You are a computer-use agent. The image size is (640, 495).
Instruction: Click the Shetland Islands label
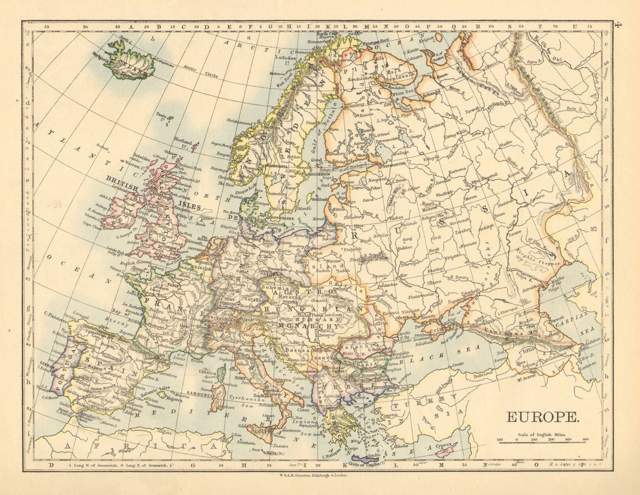point(184,143)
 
